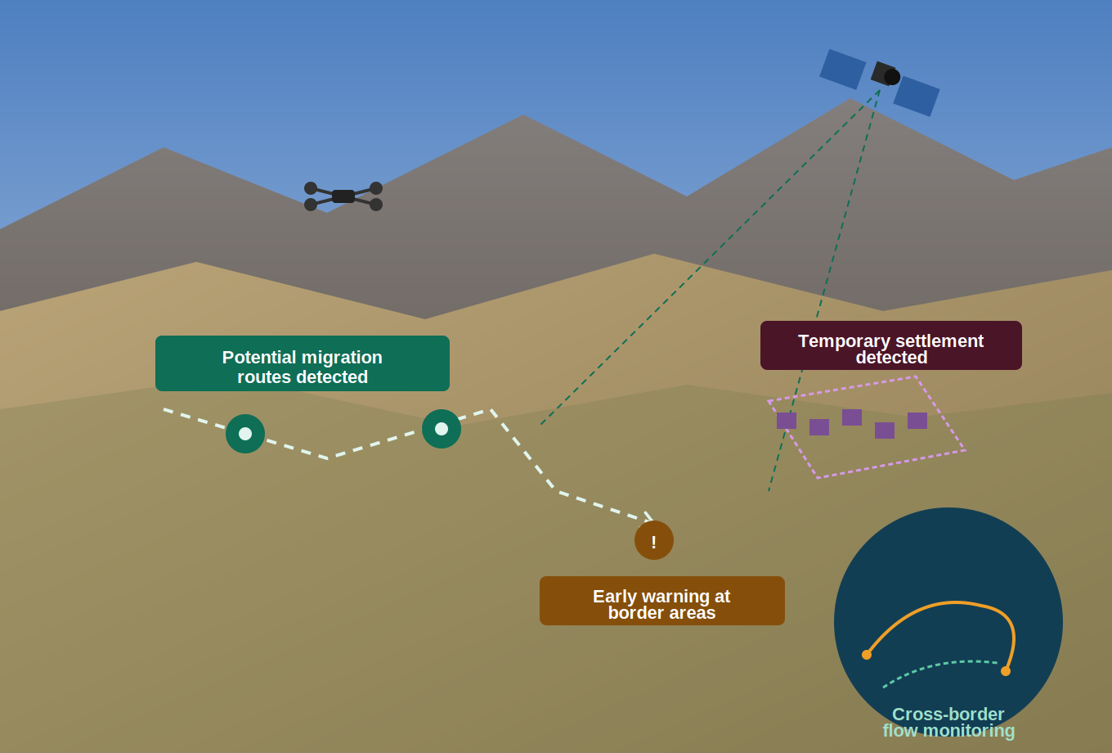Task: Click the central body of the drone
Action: point(343,196)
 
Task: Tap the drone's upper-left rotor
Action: point(311,188)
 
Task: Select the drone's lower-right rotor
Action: point(376,205)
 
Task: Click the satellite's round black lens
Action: point(892,77)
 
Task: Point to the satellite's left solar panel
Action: point(842,70)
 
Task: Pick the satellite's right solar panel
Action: point(917,97)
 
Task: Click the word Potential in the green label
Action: point(259,358)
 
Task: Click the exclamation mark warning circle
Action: point(654,540)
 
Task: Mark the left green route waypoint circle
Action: point(245,434)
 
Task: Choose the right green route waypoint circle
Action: point(442,429)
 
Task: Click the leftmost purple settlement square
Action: point(787,421)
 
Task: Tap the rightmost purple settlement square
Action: point(917,421)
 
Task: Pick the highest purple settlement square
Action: point(852,417)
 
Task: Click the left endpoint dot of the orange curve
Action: point(867,655)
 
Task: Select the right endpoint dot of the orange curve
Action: point(1006,671)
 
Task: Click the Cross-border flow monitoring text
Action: point(948,722)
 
